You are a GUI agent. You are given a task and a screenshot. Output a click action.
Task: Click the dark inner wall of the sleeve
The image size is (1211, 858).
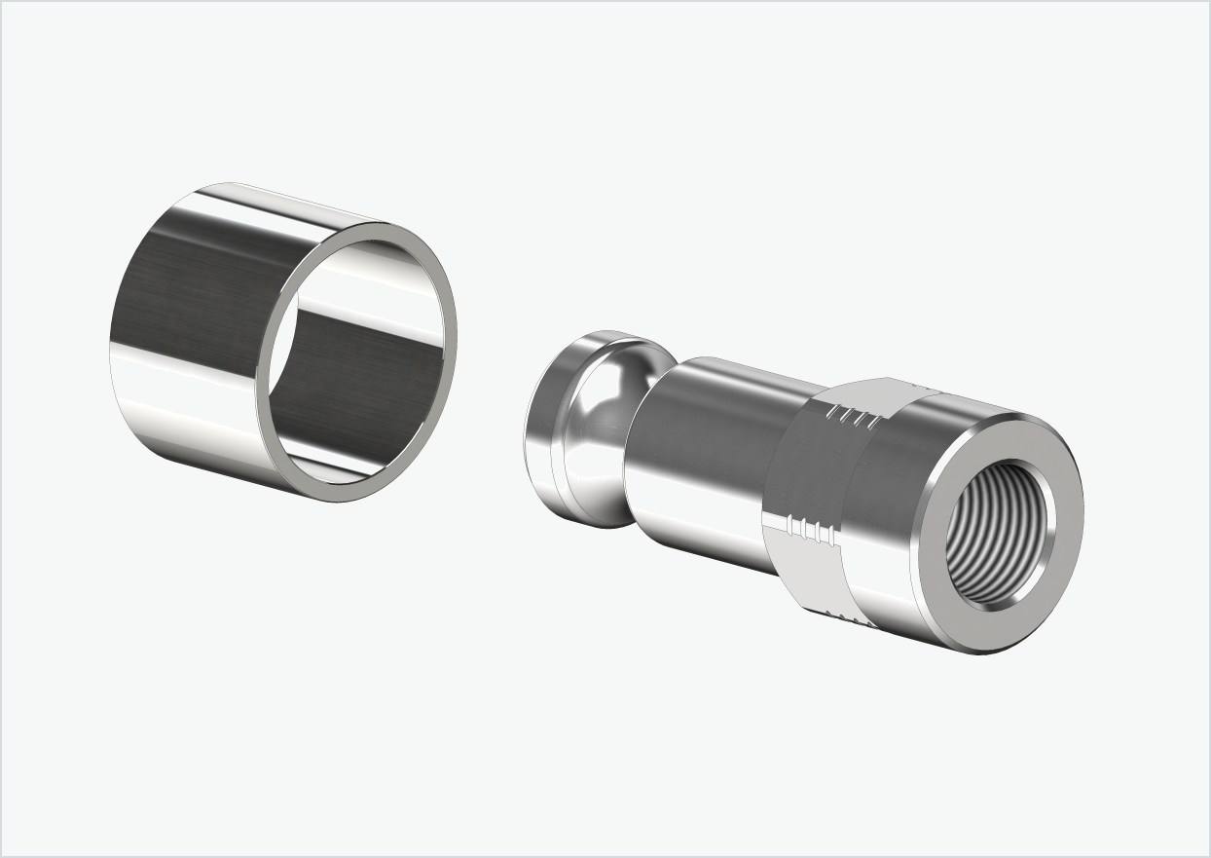pyautogui.click(x=360, y=380)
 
